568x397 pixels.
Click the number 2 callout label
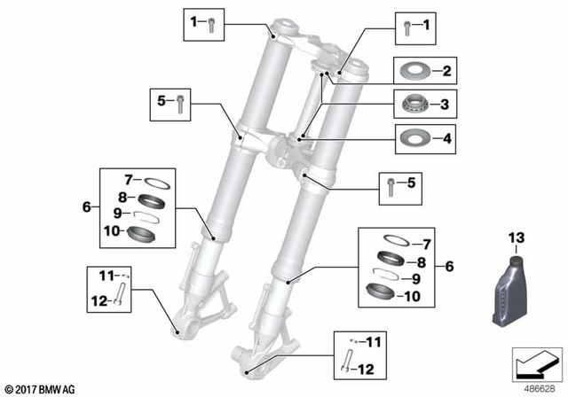tap(447, 71)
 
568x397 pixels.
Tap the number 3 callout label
tap(447, 105)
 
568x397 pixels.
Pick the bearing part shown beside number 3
tap(412, 104)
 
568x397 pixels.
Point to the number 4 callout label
tap(447, 138)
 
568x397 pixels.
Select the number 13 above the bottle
tap(517, 237)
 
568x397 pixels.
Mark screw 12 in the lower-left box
tap(121, 299)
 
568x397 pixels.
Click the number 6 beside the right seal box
tap(449, 266)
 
